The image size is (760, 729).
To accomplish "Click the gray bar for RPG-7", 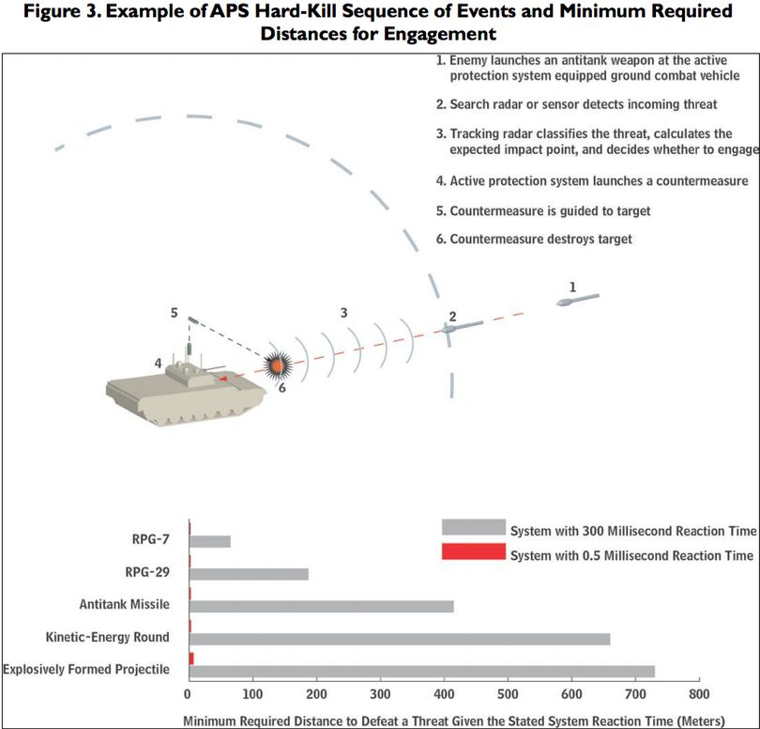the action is point(210,542).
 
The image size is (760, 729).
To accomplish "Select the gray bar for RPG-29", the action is point(249,574).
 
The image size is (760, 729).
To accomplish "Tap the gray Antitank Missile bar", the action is point(321,607).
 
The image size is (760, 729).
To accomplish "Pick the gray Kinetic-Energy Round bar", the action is point(400,639).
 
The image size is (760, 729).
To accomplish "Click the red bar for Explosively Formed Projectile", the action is point(191,659).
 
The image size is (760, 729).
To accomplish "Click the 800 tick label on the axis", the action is point(699,694).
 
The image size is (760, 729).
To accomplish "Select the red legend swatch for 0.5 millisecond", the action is point(474,551).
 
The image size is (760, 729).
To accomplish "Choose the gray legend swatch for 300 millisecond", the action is point(474,527).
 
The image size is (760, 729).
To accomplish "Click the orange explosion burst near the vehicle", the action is point(278,365).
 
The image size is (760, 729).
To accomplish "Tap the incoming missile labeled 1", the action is point(577,300).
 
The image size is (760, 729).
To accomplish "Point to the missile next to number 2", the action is point(462,327).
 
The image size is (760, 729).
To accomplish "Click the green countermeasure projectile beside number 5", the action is point(193,319).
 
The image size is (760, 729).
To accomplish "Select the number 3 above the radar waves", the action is point(343,313).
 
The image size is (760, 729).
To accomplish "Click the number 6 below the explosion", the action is point(282,388).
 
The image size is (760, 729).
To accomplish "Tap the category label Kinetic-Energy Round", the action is point(108,637).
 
